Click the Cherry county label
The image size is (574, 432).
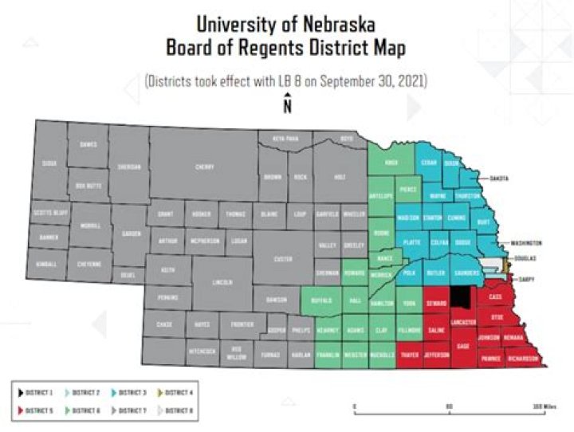click(x=204, y=167)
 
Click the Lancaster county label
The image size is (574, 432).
click(x=464, y=321)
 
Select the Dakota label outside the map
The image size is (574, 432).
click(x=499, y=179)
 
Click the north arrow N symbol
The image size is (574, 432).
click(x=287, y=104)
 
